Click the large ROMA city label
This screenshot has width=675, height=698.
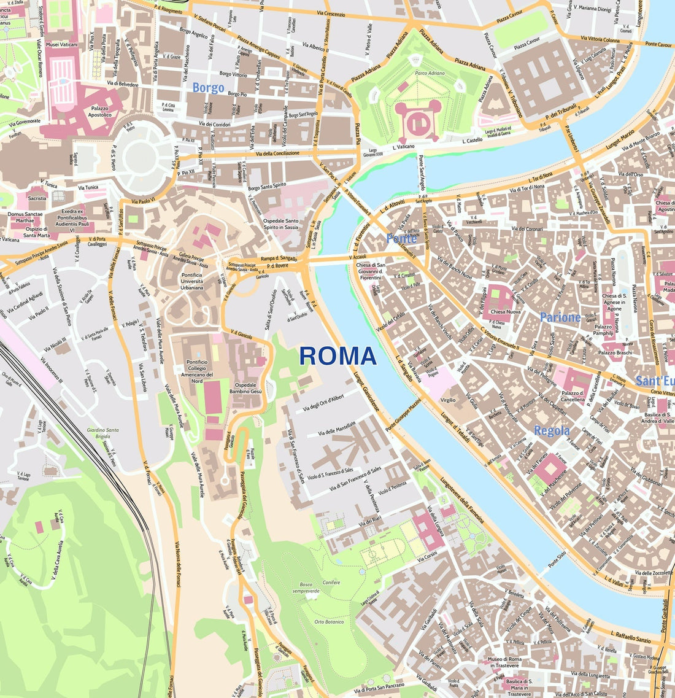(337, 356)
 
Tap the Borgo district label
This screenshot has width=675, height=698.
(208, 88)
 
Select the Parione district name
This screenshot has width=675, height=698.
(560, 317)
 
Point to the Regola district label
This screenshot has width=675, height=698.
(551, 430)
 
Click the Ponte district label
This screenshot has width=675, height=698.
(402, 238)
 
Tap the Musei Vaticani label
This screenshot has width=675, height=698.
(61, 45)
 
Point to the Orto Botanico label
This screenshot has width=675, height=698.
(329, 622)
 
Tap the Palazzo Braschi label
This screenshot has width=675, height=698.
(615, 353)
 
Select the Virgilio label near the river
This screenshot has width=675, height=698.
(448, 400)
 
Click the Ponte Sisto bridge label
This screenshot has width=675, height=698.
(557, 560)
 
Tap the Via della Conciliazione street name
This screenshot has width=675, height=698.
(278, 153)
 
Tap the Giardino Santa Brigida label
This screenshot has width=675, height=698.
(102, 433)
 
